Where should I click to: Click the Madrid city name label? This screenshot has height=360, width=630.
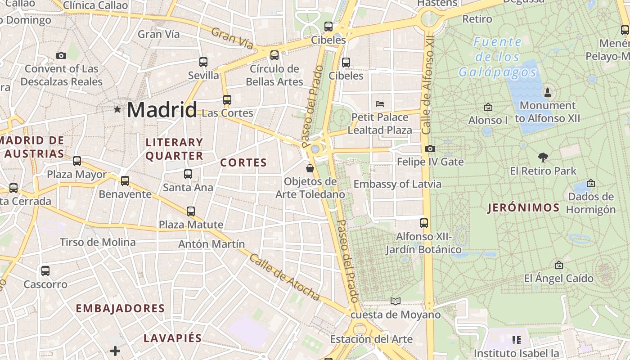tap(162, 109)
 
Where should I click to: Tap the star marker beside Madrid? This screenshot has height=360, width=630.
tap(117, 109)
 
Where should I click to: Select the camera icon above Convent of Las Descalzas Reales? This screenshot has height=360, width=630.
tap(61, 55)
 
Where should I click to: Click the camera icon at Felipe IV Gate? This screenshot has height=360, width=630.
tap(430, 148)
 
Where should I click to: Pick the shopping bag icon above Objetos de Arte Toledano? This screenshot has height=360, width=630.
tap(310, 168)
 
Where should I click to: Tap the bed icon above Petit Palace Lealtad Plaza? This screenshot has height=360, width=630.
tap(380, 104)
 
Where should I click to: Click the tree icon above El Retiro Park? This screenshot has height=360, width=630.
tap(543, 157)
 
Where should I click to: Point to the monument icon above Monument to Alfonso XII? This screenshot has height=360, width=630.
tap(548, 92)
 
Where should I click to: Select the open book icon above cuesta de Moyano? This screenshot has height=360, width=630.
tap(396, 301)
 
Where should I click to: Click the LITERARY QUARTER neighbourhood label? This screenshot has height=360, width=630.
tap(175, 149)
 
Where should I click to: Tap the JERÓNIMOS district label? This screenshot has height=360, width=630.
tap(524, 207)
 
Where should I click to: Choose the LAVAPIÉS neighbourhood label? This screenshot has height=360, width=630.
tap(173, 338)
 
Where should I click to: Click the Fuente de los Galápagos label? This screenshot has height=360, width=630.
tap(498, 57)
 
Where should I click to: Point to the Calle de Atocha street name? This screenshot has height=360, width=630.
tap(284, 277)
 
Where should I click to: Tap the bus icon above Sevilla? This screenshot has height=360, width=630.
tap(203, 62)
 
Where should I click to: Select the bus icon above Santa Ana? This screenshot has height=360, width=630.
tap(188, 174)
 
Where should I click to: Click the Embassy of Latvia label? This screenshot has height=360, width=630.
tap(397, 184)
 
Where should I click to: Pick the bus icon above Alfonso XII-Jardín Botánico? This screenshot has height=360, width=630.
tap(423, 223)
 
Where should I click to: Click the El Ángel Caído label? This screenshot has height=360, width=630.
tap(558, 279)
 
